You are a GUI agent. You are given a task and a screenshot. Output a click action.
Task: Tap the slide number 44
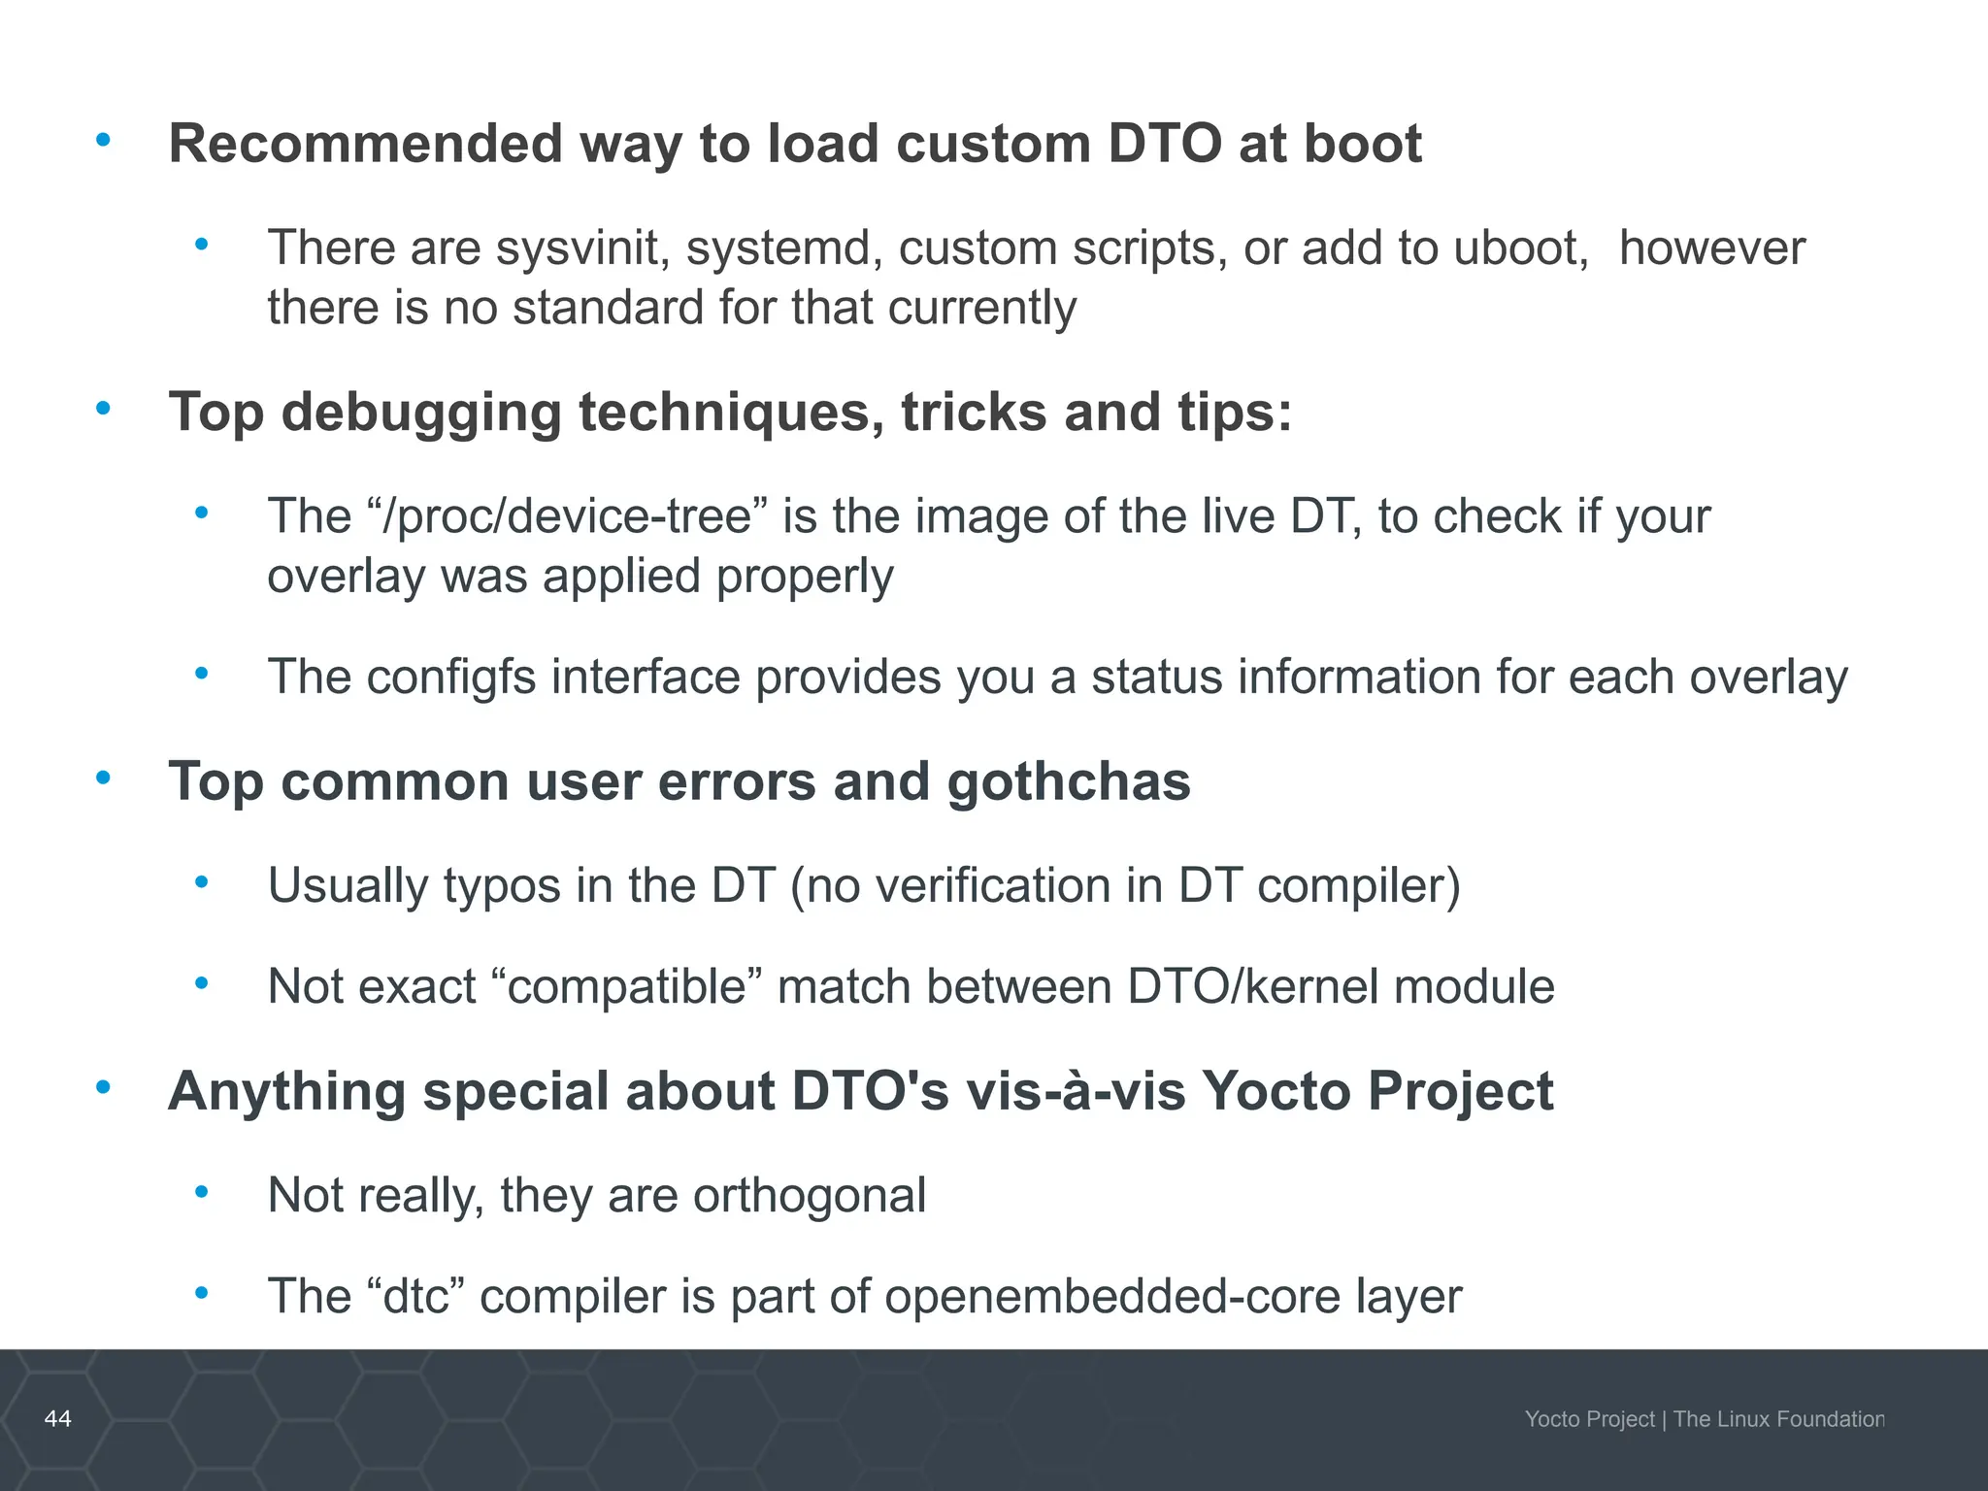pos(58,1418)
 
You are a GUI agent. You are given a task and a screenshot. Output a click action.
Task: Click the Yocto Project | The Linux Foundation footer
pos(1704,1419)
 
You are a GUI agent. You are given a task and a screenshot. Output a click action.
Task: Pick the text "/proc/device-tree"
pos(567,516)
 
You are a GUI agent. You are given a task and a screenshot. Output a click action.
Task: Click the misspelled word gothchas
pos(1069,781)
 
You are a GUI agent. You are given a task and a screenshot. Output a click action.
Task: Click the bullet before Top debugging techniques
pos(103,409)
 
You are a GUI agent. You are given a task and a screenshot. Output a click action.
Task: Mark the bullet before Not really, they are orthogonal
pos(201,1192)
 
